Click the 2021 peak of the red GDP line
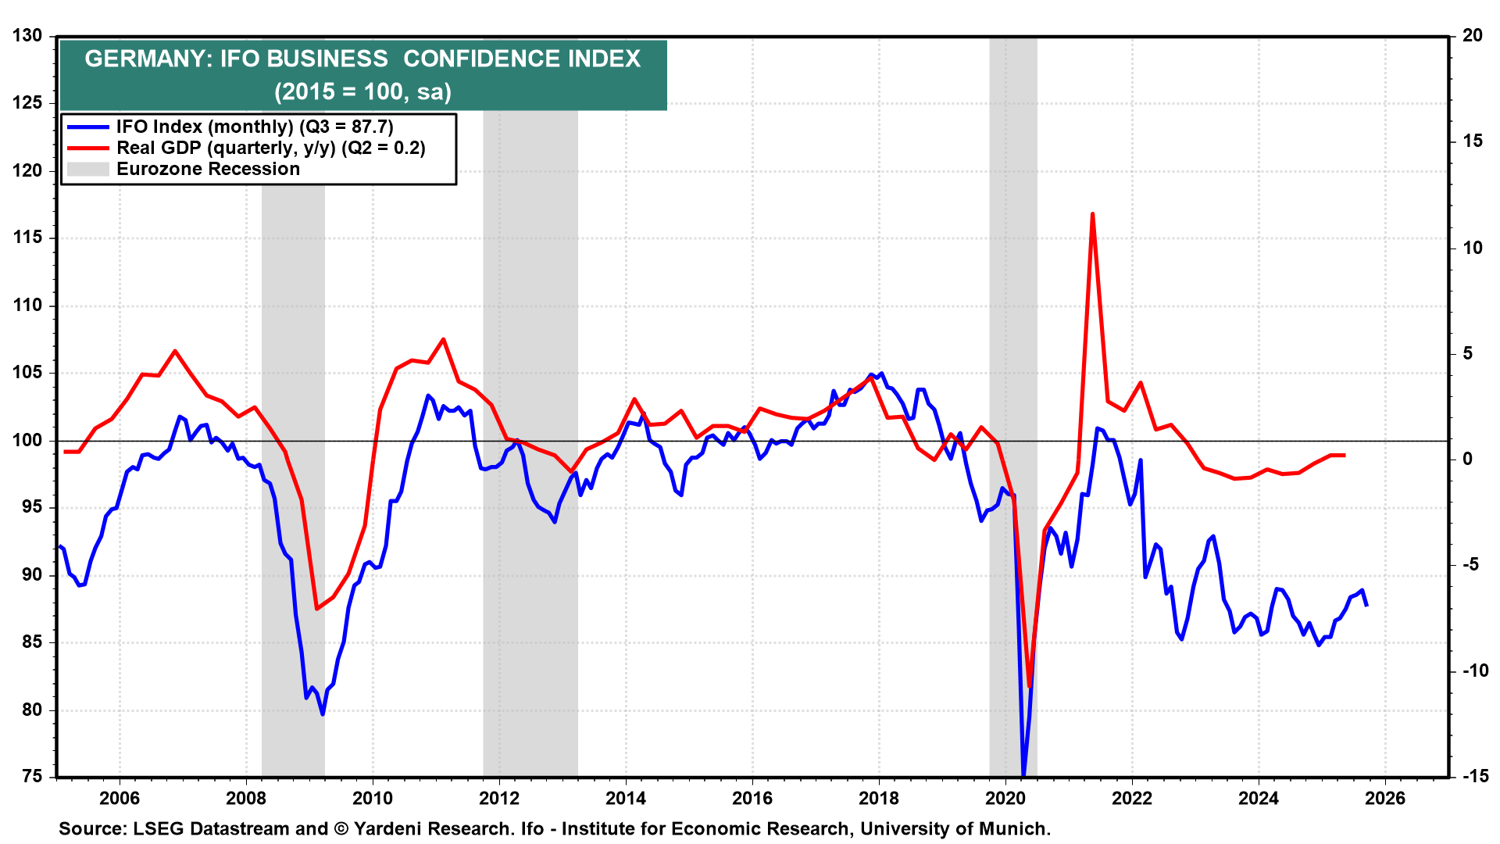click(x=1092, y=213)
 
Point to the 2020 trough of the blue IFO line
click(x=1023, y=774)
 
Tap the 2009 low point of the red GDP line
click(x=316, y=609)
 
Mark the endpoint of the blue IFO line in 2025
click(x=1366, y=606)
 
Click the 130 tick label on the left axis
click(x=27, y=36)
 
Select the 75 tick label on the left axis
click(x=32, y=777)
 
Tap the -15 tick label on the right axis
click(x=1475, y=777)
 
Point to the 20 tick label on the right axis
click(x=1473, y=36)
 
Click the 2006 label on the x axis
click(x=120, y=799)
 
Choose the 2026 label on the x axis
click(x=1385, y=799)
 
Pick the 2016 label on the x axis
click(x=752, y=799)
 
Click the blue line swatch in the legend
click(x=87, y=127)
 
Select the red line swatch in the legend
click(x=87, y=148)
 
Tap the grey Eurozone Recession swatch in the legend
click(x=87, y=170)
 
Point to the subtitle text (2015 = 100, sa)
click(x=363, y=92)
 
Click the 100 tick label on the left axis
click(x=27, y=441)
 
